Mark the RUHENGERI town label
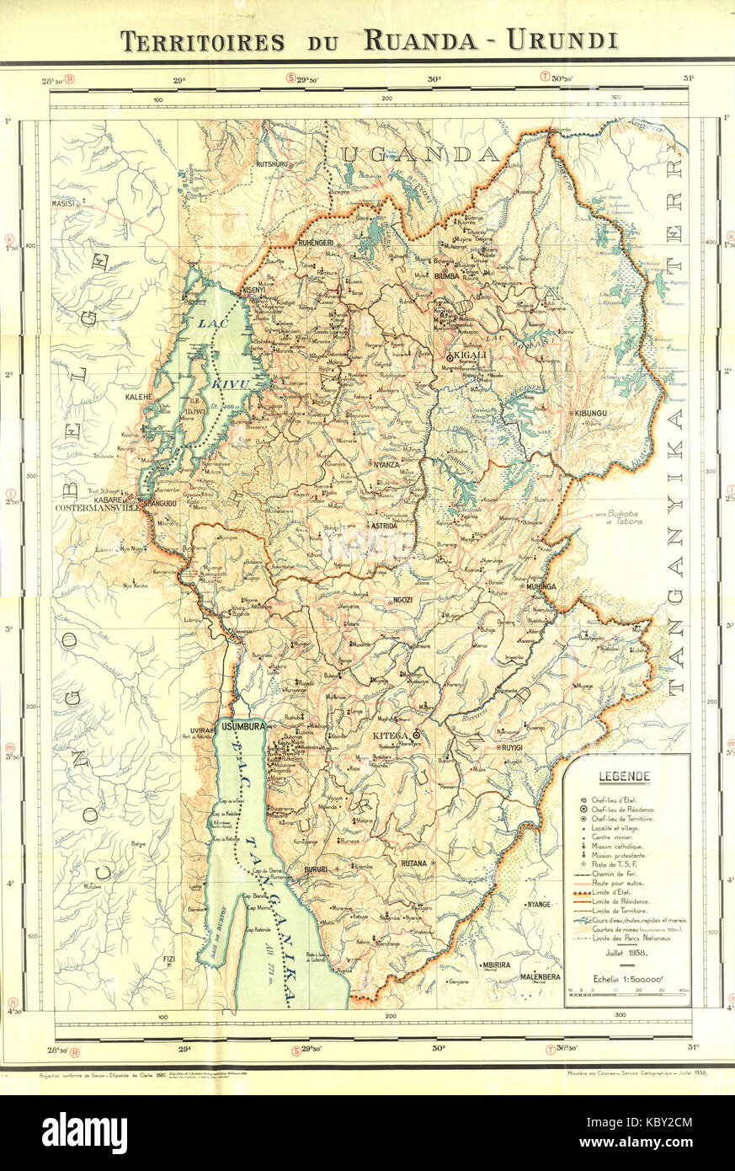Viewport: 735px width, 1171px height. click(317, 243)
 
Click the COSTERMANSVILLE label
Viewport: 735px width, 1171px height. click(96, 509)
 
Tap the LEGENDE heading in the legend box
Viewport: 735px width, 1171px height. click(623, 776)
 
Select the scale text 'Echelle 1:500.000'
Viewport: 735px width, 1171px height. click(626, 979)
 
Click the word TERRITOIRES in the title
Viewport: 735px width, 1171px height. click(202, 41)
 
